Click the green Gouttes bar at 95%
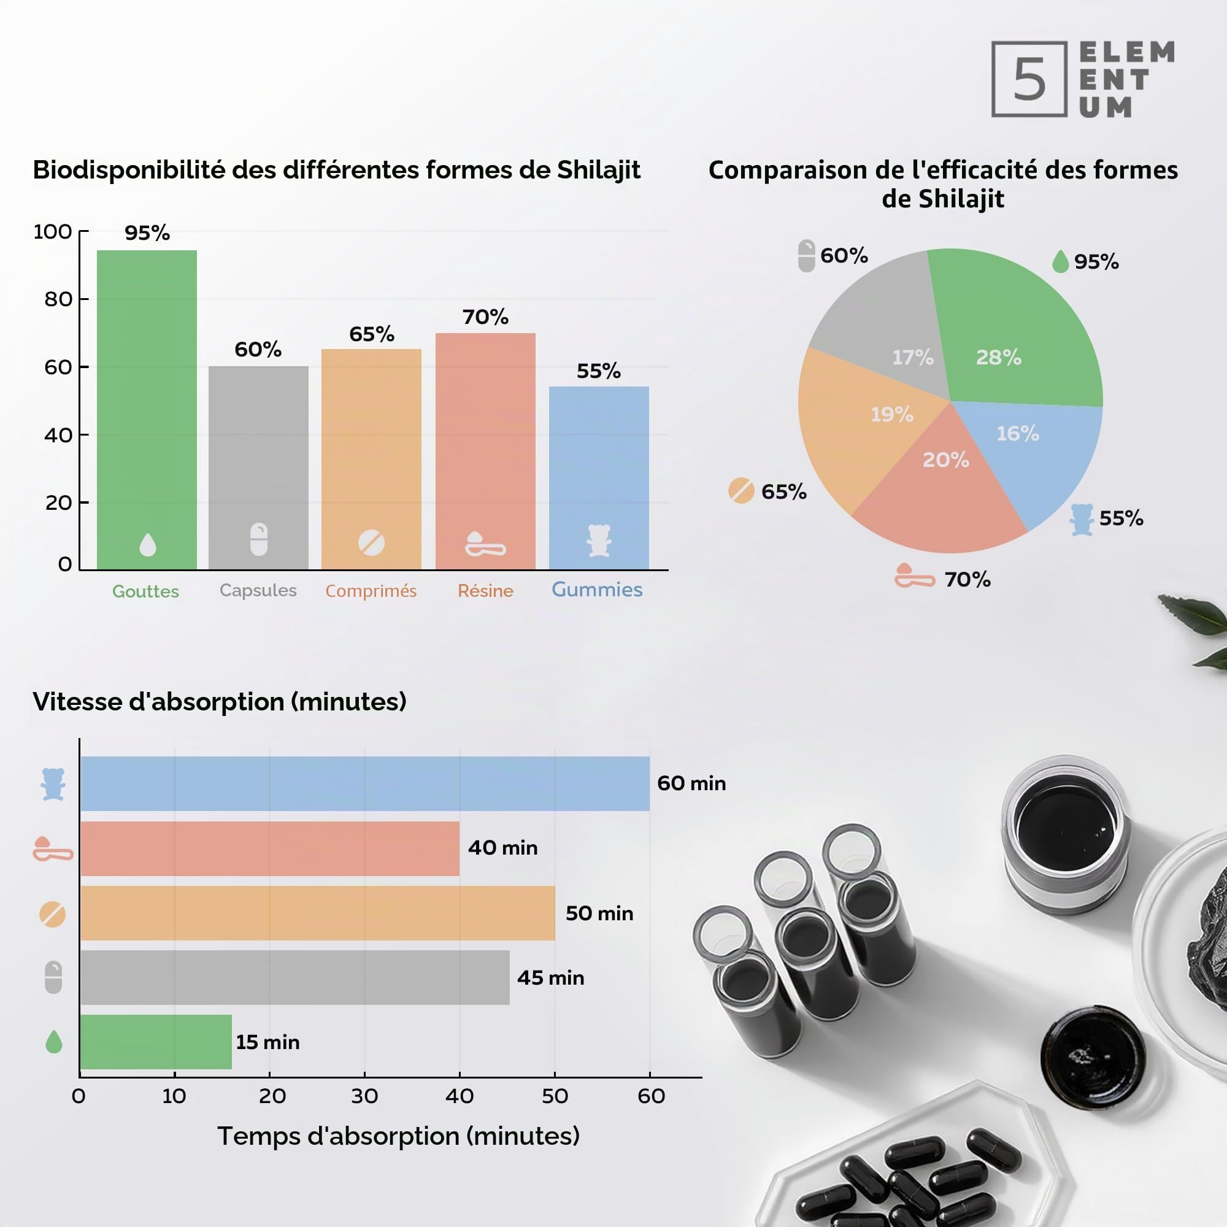tap(147, 410)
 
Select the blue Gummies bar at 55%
tap(599, 477)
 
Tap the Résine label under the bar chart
tap(485, 591)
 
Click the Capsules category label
tap(258, 591)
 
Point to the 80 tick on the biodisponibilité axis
tap(58, 299)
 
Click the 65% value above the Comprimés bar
tap(372, 334)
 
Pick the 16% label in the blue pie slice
tap(1017, 434)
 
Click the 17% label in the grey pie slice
tap(913, 358)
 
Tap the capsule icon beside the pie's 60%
tap(806, 256)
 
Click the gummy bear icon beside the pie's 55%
tap(1082, 520)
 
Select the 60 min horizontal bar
tap(365, 783)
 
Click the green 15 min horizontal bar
tap(156, 1042)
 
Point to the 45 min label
tap(551, 977)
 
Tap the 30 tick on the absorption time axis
tap(364, 1096)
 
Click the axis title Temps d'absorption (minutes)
tap(398, 1136)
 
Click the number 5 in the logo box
tap(1029, 79)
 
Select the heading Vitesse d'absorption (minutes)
tap(220, 702)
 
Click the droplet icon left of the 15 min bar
tap(54, 1042)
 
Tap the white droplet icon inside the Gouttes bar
tap(147, 544)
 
